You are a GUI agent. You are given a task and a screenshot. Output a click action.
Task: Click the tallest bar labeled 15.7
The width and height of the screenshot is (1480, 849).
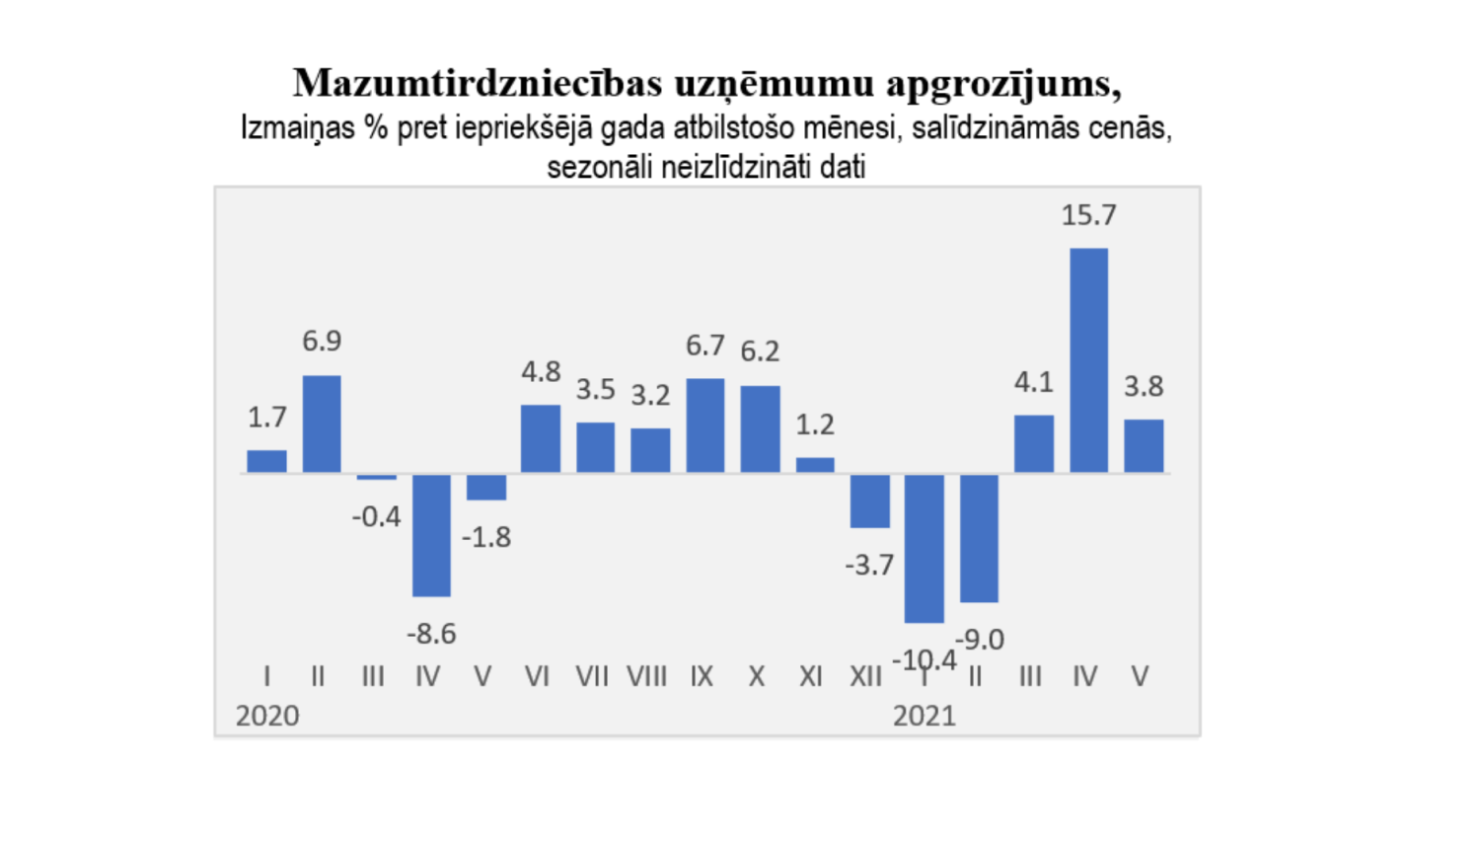click(1088, 360)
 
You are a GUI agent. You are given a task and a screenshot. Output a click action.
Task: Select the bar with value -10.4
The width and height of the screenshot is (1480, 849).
click(925, 548)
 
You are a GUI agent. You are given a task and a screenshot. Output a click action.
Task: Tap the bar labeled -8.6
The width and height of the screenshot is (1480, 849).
click(431, 535)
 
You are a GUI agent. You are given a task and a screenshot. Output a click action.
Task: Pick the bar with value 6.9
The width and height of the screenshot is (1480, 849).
click(322, 424)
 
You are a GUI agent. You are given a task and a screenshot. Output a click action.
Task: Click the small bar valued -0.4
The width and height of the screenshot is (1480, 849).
click(376, 477)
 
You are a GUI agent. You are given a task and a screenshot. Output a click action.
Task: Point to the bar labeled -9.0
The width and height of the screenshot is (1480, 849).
click(979, 538)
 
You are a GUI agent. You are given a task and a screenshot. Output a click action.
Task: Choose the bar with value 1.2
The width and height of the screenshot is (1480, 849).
click(815, 465)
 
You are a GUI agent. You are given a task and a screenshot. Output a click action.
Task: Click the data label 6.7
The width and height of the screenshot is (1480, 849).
click(705, 346)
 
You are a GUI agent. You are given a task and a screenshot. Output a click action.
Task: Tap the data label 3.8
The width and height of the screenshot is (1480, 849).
click(1144, 386)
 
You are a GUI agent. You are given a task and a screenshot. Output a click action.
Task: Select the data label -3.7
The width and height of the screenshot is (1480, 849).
click(869, 565)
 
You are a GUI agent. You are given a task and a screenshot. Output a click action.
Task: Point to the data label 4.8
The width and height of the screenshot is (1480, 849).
click(541, 372)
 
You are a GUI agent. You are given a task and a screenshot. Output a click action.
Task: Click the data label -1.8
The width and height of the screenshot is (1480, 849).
click(486, 537)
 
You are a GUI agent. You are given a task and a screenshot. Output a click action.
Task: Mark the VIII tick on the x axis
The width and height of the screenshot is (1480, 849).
click(647, 676)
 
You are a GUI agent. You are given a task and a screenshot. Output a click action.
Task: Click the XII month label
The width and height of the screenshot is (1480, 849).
click(865, 676)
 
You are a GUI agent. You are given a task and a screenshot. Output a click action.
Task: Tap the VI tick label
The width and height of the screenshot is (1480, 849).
click(537, 676)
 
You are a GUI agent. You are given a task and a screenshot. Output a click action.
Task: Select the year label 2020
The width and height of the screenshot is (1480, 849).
click(267, 716)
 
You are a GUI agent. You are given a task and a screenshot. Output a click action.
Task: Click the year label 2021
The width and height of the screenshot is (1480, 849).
click(925, 716)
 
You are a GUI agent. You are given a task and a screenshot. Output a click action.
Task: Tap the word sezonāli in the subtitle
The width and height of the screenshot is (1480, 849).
click(600, 167)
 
